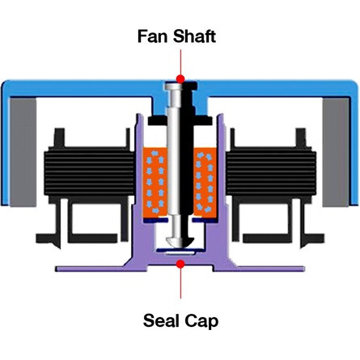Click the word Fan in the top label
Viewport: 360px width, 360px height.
pyautogui.click(x=152, y=36)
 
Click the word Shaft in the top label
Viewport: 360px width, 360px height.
pyautogui.click(x=194, y=36)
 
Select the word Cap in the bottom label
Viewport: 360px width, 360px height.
pyautogui.click(x=201, y=321)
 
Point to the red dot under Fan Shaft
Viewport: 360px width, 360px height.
pyautogui.click(x=180, y=79)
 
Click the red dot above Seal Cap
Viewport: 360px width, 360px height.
pyautogui.click(x=180, y=264)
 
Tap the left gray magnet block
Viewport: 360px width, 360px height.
pyautogui.click(x=23, y=152)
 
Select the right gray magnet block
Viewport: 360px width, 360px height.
pyautogui.click(x=336, y=152)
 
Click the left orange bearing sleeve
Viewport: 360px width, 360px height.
pyautogui.click(x=155, y=183)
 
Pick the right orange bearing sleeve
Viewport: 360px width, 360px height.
pyautogui.click(x=205, y=183)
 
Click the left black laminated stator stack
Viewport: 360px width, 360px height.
pyautogui.click(x=89, y=171)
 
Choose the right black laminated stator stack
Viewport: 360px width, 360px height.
pyautogui.click(x=271, y=171)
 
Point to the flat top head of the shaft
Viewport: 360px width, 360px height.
pyautogui.click(x=181, y=86)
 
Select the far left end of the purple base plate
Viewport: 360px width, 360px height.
pyautogui.click(x=57, y=269)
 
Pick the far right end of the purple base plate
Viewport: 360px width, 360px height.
pyautogui.click(x=303, y=269)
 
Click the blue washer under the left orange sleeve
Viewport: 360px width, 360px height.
pyautogui.click(x=155, y=221)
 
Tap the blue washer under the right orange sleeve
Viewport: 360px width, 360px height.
pyautogui.click(x=205, y=221)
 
